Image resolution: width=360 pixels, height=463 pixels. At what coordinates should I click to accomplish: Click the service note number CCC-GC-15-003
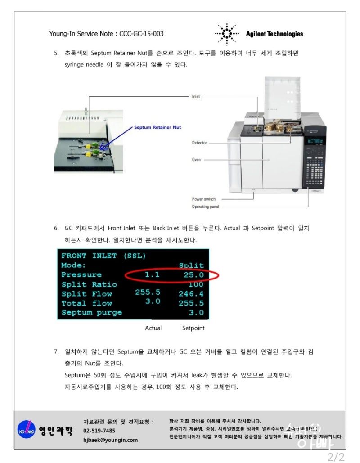142,34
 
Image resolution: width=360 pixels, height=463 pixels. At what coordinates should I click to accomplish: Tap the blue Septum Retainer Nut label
157,127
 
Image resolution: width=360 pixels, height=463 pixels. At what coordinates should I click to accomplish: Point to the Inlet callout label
196,96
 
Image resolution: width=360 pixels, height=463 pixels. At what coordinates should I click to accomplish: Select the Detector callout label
199,143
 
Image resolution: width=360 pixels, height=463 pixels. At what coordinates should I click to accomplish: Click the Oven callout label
196,160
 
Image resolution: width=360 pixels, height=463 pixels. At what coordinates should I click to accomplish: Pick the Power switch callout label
204,199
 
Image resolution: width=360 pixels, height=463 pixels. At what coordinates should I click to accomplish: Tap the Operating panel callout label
207,207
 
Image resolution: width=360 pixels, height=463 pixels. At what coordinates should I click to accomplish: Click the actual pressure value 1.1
152,274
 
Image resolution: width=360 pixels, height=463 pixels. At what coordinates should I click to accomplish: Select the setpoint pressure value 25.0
193,274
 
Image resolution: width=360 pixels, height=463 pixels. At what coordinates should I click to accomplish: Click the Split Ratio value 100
196,284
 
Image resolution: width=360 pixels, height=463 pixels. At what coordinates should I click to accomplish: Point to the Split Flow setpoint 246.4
191,294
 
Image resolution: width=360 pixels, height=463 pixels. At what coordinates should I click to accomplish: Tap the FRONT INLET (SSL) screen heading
103,256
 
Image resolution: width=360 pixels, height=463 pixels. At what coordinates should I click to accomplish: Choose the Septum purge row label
92,313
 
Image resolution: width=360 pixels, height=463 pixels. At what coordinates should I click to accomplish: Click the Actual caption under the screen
153,328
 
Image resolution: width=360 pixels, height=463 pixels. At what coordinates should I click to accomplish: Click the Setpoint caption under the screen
193,328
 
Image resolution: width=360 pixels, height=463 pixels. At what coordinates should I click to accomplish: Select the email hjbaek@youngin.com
110,440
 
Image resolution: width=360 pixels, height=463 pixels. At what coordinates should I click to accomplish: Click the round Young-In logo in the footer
26,429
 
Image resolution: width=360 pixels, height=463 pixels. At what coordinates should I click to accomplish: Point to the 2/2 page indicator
336,457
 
